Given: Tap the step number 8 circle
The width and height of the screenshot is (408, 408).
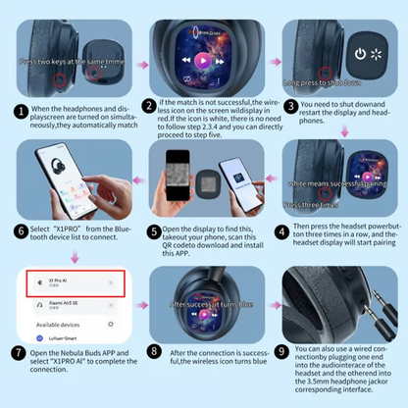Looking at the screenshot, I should (154, 350).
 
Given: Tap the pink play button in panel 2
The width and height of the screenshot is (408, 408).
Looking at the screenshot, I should (201, 59).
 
